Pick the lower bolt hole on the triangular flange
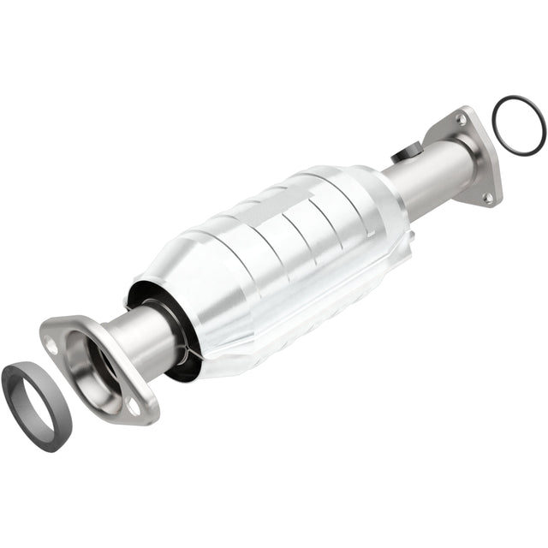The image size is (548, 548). [x=488, y=197]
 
